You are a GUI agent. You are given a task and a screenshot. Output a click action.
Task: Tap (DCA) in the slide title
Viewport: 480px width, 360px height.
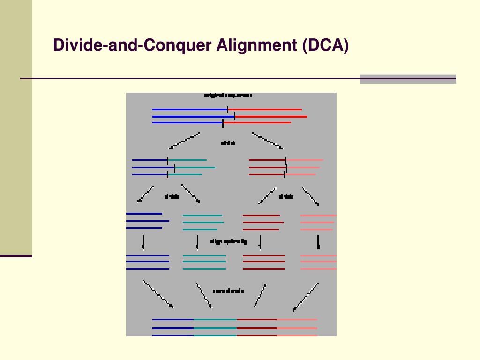point(325,45)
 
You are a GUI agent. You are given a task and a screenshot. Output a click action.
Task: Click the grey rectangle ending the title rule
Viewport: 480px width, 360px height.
point(408,79)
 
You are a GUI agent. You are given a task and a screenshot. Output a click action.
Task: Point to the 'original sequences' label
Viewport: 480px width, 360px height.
point(228,96)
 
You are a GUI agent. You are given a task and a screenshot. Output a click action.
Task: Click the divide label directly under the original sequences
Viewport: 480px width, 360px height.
point(228,142)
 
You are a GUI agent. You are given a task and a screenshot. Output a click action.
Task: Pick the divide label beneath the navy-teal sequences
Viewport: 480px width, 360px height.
point(172,197)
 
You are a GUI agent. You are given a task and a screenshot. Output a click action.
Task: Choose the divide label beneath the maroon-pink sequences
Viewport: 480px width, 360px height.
point(286,197)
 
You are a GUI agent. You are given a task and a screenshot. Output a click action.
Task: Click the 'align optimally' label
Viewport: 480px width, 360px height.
point(228,242)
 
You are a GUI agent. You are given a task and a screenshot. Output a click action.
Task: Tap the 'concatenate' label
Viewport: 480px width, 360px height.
point(228,291)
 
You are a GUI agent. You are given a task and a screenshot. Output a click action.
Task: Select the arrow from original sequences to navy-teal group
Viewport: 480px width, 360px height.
point(185,141)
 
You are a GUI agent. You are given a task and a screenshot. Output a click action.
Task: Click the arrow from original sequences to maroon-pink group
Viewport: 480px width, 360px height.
point(267,141)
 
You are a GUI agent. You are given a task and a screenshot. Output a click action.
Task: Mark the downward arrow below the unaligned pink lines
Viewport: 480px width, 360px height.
point(318,241)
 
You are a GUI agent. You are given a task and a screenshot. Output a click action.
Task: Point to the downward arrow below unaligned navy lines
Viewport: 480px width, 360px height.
point(143,242)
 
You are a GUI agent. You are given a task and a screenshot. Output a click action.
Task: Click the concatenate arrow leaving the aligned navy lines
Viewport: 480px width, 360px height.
point(158,294)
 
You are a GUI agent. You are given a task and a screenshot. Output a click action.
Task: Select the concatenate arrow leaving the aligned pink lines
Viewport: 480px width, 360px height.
point(306,296)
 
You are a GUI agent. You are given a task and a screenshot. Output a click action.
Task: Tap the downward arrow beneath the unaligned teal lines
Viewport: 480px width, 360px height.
point(198,242)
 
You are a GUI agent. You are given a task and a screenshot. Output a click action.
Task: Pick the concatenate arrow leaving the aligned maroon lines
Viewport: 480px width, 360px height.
point(260,295)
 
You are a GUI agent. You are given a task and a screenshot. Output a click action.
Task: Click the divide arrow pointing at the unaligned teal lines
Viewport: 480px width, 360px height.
point(190,194)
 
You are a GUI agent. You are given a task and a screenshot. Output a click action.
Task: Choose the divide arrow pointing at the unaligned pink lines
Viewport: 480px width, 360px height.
point(310,196)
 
